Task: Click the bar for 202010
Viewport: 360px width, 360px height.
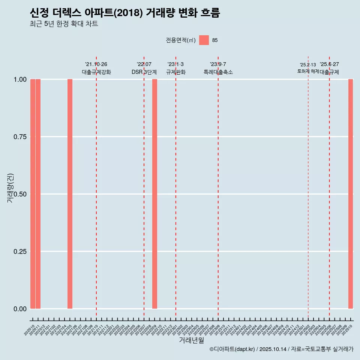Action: (33, 194)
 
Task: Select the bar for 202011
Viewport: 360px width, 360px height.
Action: (38, 194)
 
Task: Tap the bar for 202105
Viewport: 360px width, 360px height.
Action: (70, 194)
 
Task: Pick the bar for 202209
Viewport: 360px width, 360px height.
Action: (154, 194)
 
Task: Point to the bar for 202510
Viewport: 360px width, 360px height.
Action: (351, 194)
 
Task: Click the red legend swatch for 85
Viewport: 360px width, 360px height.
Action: (204, 40)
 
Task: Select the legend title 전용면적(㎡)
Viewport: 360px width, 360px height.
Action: (181, 40)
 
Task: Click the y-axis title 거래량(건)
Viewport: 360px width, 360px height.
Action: (10, 188)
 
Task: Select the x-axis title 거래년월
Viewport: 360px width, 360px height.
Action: (192, 340)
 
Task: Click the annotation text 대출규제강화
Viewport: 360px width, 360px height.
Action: (96, 72)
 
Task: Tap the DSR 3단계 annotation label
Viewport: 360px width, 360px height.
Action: (144, 72)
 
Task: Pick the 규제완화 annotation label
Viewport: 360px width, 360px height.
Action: (176, 72)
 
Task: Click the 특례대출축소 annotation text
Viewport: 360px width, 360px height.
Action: (218, 72)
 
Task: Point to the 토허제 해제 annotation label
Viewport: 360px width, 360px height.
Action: (308, 71)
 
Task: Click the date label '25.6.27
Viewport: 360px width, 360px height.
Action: (329, 64)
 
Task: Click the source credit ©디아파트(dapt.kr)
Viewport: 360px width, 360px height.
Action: (232, 349)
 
